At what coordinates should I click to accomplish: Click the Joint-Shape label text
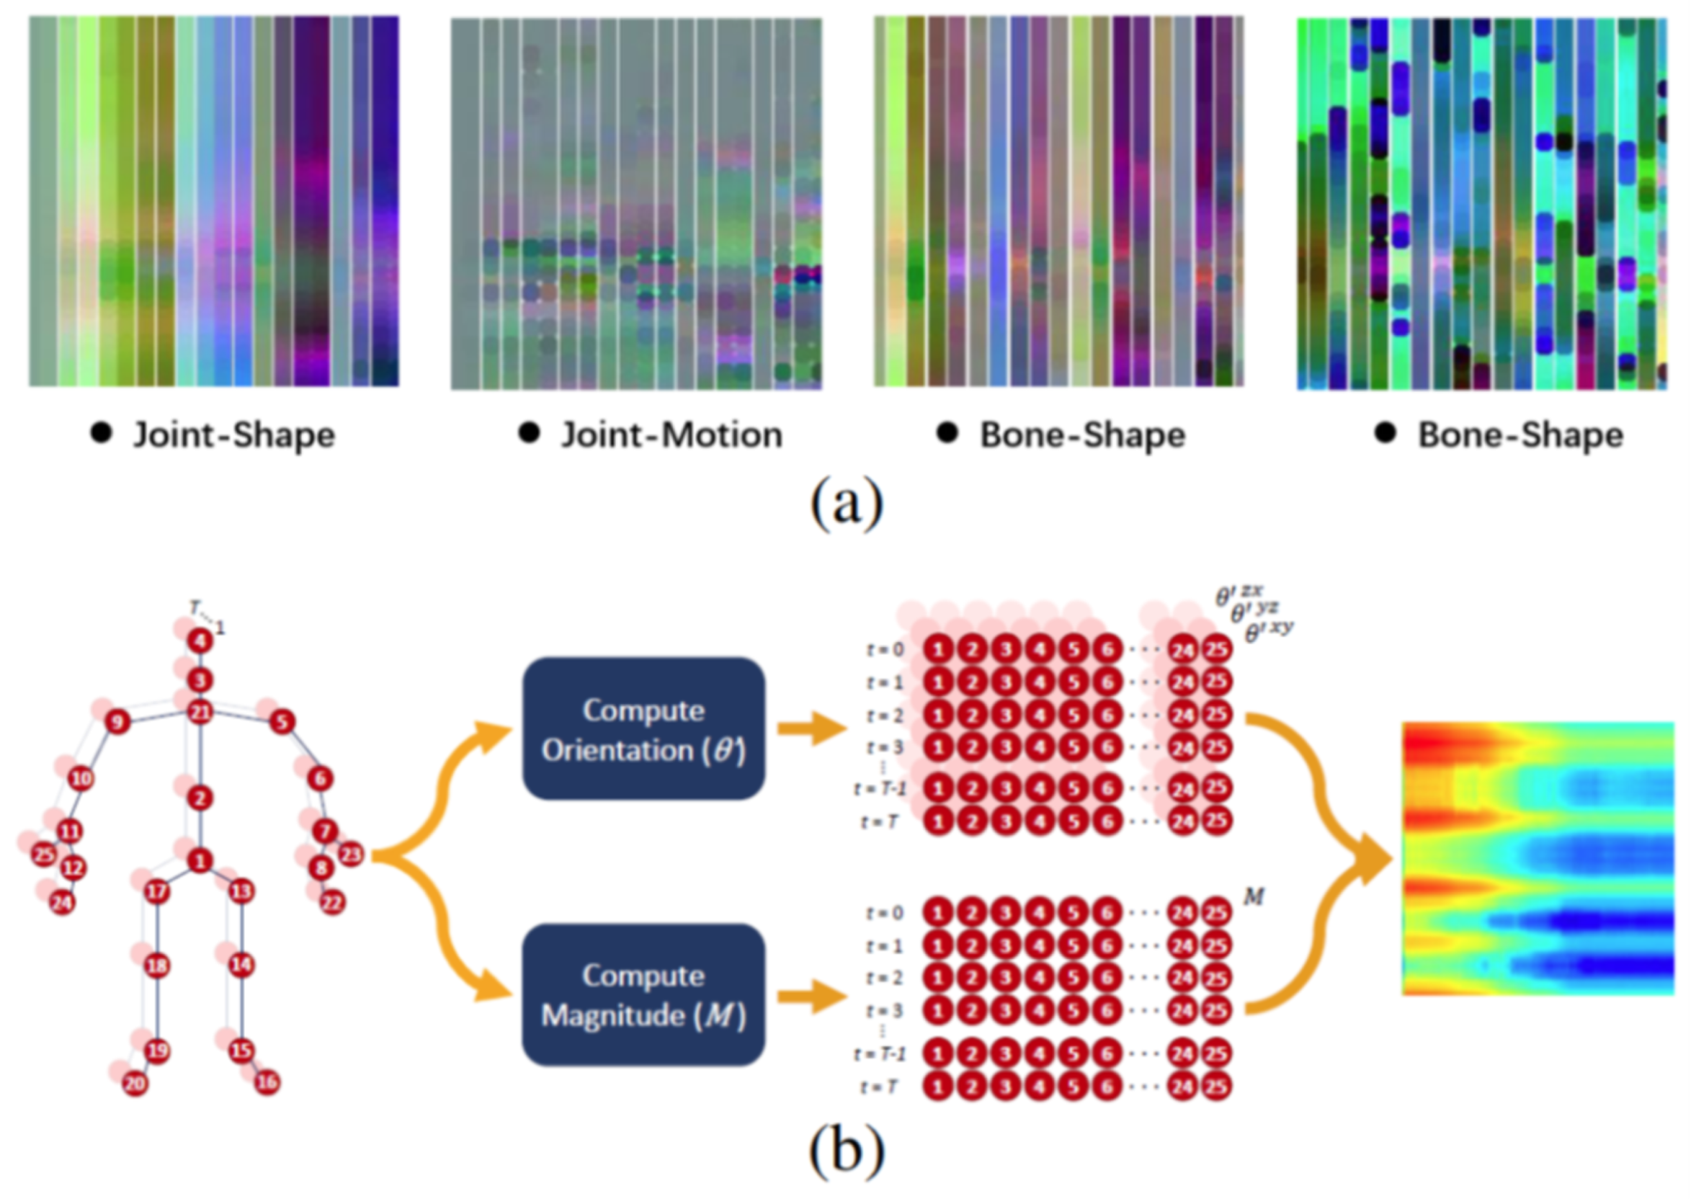pyautogui.click(x=233, y=435)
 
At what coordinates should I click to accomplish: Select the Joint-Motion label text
pyautogui.click(x=671, y=435)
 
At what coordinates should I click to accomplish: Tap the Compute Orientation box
pyautogui.click(x=644, y=729)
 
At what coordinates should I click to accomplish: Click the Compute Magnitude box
pyautogui.click(x=644, y=995)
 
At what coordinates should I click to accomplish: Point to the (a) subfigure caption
pyautogui.click(x=847, y=503)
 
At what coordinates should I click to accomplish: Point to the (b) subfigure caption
pyautogui.click(x=847, y=1151)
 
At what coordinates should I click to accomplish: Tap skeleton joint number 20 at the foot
pyautogui.click(x=135, y=1085)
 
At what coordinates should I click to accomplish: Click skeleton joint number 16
pyautogui.click(x=267, y=1082)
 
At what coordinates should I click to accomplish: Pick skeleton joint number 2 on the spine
pyautogui.click(x=199, y=799)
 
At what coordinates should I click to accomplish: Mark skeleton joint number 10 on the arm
pyautogui.click(x=82, y=779)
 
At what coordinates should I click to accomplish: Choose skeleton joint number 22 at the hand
pyautogui.click(x=333, y=903)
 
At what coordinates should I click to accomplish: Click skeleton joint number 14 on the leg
pyautogui.click(x=241, y=966)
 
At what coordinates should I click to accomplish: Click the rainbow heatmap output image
pyautogui.click(x=1538, y=858)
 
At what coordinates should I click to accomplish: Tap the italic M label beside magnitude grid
pyautogui.click(x=1253, y=898)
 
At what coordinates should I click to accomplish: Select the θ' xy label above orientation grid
pyautogui.click(x=1268, y=632)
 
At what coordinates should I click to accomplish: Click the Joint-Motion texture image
pyautogui.click(x=636, y=203)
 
